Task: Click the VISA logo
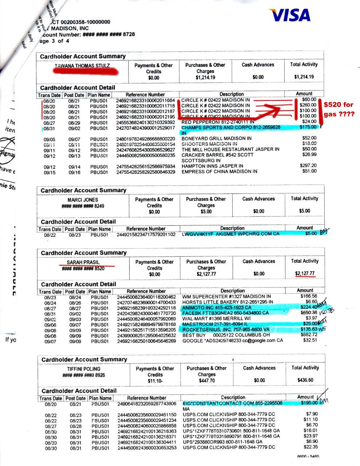pyautogui.click(x=290, y=15)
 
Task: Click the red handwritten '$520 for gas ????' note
pyautogui.click(x=339, y=109)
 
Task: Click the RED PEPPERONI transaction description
pyautogui.click(x=218, y=122)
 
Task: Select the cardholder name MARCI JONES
pyautogui.click(x=83, y=200)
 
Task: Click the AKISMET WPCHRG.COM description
pyautogui.click(x=231, y=234)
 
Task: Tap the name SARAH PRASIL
pyautogui.click(x=83, y=262)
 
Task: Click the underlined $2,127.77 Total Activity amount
pyautogui.click(x=305, y=274)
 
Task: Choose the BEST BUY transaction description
pyautogui.click(x=226, y=335)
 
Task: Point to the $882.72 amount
pyautogui.click(x=309, y=335)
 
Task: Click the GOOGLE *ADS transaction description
pyautogui.click(x=233, y=341)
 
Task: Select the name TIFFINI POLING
pyautogui.click(x=83, y=369)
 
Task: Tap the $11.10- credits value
pyautogui.click(x=155, y=381)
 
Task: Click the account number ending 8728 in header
pyautogui.click(x=109, y=34)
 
